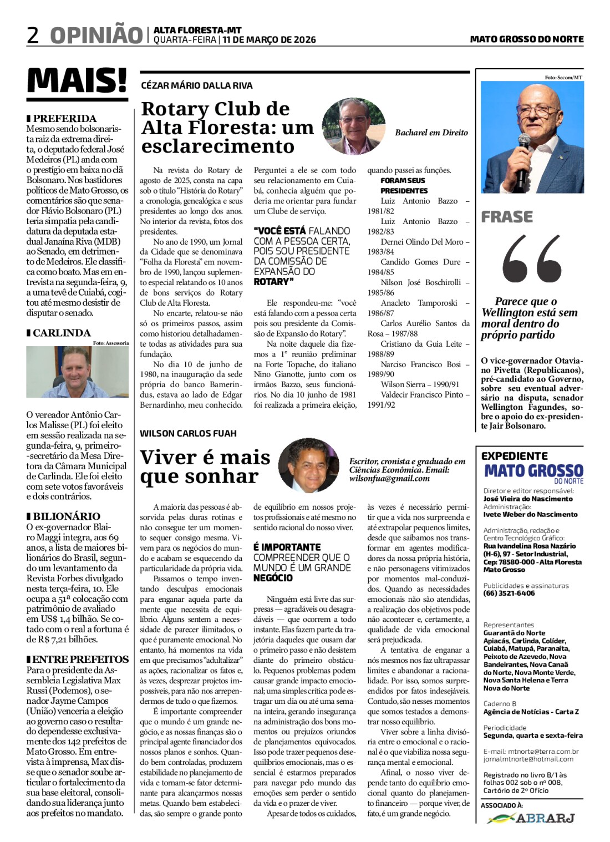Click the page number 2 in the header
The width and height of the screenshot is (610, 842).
(x=33, y=35)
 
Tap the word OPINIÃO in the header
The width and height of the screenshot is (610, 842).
(x=96, y=35)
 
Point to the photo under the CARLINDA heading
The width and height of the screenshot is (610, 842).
(x=77, y=372)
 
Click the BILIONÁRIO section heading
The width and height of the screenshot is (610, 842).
(x=67, y=516)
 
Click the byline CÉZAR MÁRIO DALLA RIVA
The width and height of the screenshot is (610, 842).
(x=197, y=85)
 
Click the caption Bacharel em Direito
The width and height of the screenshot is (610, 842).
(x=431, y=133)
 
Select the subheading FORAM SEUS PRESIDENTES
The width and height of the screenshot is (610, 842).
(x=403, y=185)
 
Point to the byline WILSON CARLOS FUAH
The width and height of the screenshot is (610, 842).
(x=188, y=433)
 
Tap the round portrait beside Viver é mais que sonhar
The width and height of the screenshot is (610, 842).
(x=308, y=465)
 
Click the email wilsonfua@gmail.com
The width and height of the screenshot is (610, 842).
(x=389, y=478)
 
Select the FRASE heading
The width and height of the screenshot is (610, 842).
(x=507, y=216)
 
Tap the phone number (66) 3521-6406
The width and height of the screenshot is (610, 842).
(x=509, y=593)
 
